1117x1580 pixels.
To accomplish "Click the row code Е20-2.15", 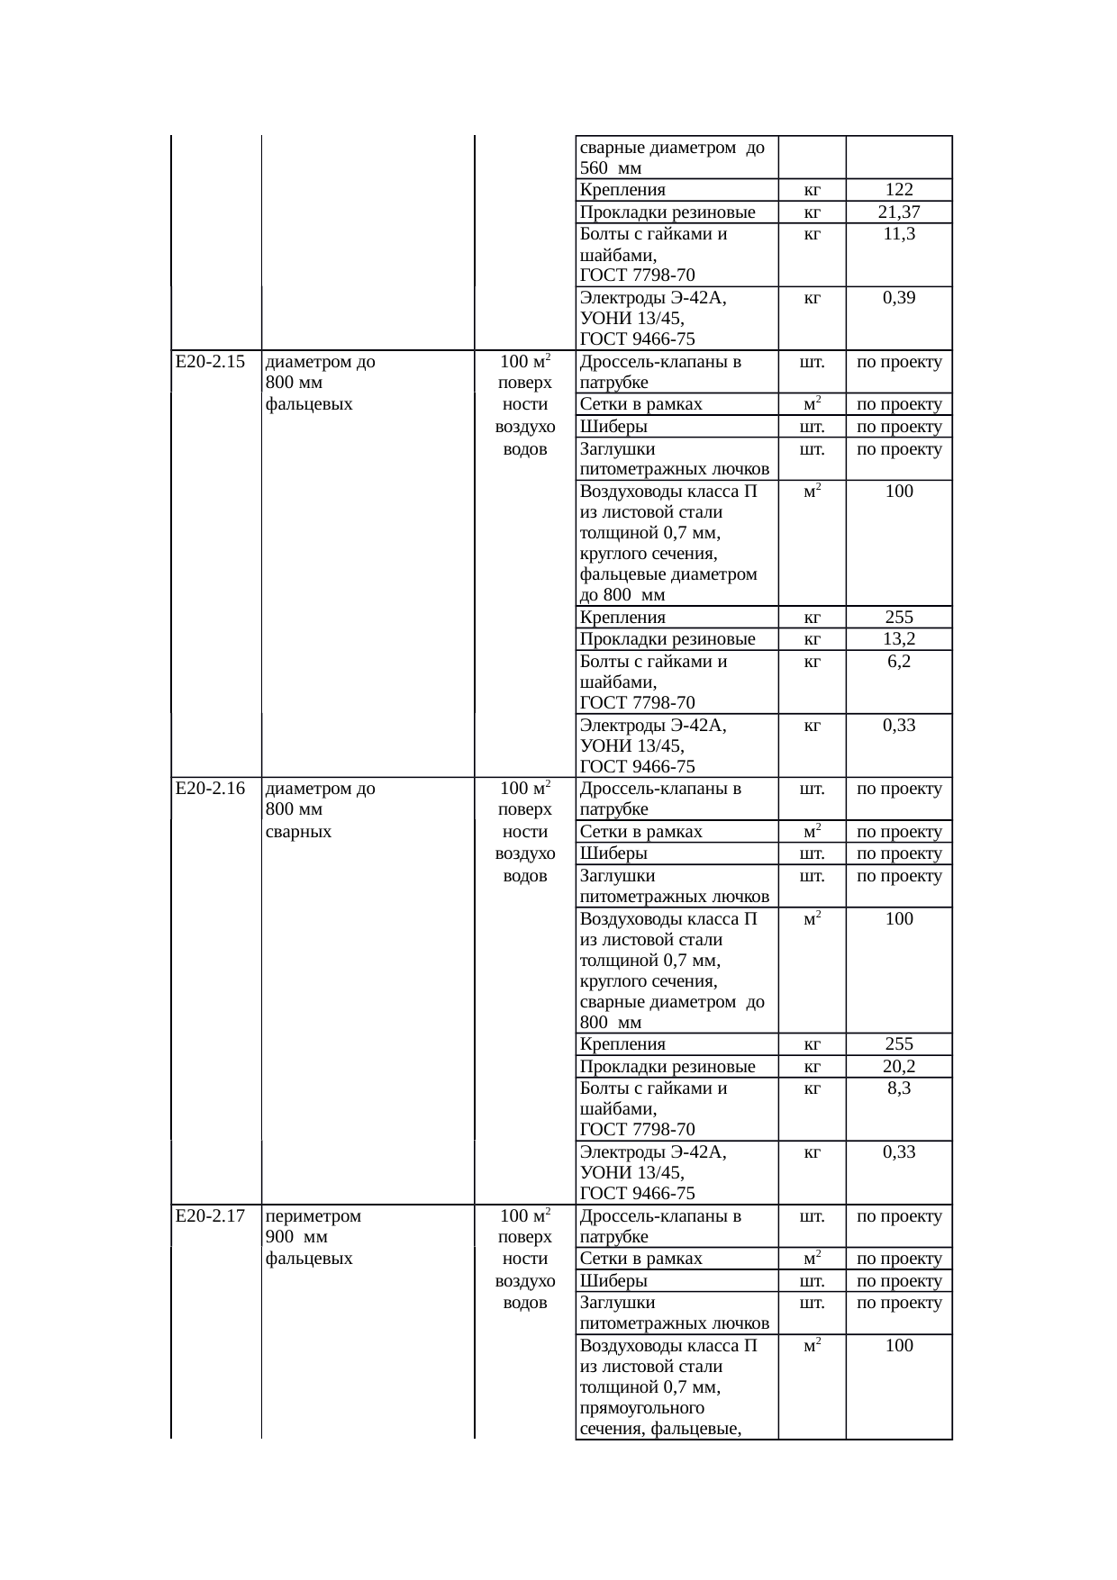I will (x=211, y=363).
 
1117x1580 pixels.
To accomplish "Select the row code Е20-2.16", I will (x=211, y=790).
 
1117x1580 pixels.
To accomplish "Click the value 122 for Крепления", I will (x=899, y=190).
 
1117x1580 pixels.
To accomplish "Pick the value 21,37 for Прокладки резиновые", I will (x=899, y=212).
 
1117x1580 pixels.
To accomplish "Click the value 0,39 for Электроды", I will (x=899, y=298).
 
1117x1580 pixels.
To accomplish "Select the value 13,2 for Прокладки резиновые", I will (x=899, y=639).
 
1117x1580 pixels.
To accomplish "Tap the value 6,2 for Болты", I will (x=899, y=662).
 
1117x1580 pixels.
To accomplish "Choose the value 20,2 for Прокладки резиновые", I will (x=899, y=1067).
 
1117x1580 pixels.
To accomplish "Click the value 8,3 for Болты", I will (x=899, y=1088).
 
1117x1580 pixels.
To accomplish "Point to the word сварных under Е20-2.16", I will (x=298, y=832).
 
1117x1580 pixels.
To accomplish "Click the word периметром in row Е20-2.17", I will (x=313, y=1217).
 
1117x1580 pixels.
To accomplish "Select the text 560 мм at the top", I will (x=611, y=168).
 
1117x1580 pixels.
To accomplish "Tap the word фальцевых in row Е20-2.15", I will (x=309, y=404).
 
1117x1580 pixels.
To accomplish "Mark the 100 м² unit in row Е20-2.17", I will (x=525, y=1217).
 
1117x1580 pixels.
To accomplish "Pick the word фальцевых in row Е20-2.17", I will (x=309, y=1259).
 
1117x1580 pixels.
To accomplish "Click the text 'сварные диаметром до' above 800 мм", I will (x=672, y=1003).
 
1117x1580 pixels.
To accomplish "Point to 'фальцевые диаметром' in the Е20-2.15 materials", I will (x=668, y=574).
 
